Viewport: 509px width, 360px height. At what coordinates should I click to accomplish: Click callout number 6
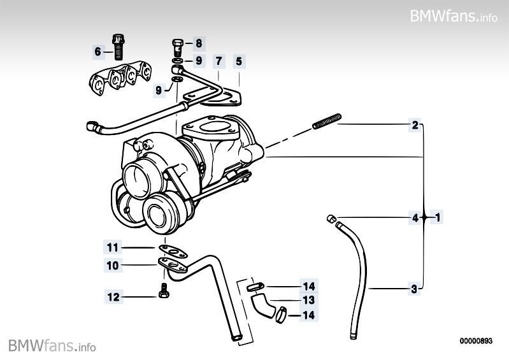click(98, 51)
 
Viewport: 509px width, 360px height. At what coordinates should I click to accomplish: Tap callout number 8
click(198, 44)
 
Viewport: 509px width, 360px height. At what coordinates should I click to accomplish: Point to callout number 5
click(239, 61)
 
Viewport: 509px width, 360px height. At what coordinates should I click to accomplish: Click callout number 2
click(415, 126)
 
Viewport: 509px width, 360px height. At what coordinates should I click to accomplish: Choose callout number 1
click(438, 217)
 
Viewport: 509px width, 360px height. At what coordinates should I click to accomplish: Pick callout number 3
click(414, 289)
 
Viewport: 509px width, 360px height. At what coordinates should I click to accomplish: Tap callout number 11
click(113, 247)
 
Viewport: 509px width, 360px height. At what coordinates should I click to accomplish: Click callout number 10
click(113, 265)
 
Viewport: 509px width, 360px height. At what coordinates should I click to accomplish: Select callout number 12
click(113, 296)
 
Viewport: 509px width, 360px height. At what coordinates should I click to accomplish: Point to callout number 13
click(308, 300)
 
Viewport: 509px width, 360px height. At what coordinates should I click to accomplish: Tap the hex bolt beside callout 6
click(118, 45)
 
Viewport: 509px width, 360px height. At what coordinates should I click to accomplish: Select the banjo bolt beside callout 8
click(178, 46)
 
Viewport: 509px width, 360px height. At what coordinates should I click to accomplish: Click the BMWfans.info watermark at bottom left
click(52, 346)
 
